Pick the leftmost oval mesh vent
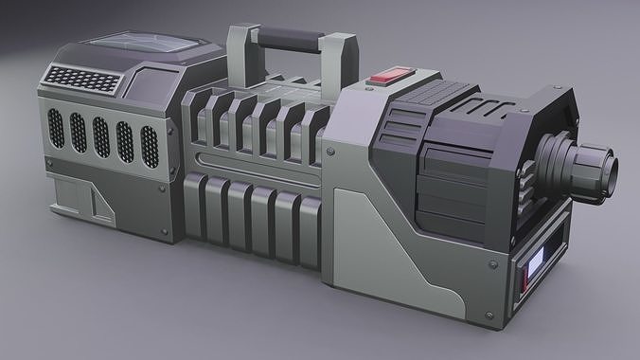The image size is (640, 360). click(57, 128)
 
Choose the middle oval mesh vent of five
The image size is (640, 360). click(101, 136)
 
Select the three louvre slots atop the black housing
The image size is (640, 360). click(403, 122)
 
